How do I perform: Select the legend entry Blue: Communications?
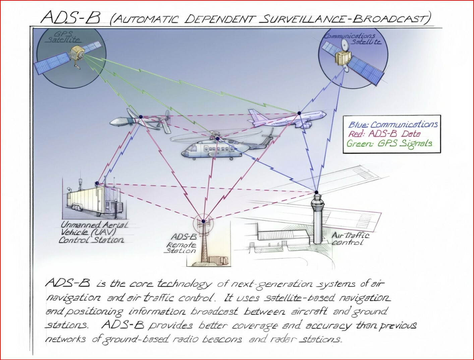point(393,124)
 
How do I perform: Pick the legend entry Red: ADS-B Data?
point(384,134)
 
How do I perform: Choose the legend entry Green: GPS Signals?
point(389,144)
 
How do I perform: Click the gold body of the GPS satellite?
point(77,54)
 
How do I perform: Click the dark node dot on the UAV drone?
point(141,117)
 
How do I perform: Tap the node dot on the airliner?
point(299,113)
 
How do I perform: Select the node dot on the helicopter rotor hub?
point(218,139)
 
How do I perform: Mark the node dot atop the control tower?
point(316,192)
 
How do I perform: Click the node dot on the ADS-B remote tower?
point(203,221)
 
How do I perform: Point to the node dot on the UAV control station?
point(97,183)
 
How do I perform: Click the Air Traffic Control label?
point(350,239)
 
